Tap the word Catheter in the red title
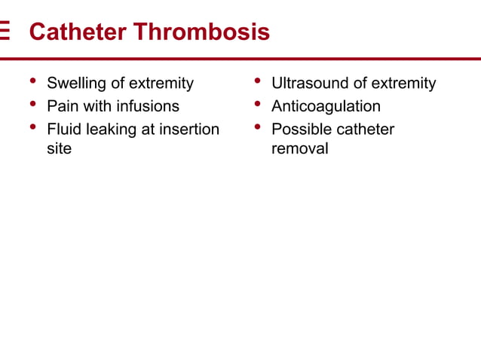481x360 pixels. (x=78, y=32)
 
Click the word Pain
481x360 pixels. (x=63, y=106)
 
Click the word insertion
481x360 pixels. (x=189, y=129)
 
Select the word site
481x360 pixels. (x=59, y=148)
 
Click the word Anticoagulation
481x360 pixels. (x=326, y=106)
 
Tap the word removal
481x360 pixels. (x=299, y=148)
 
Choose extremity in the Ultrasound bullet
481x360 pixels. (x=402, y=84)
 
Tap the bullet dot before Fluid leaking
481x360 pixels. (x=32, y=127)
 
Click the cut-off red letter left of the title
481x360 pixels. (x=5, y=32)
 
